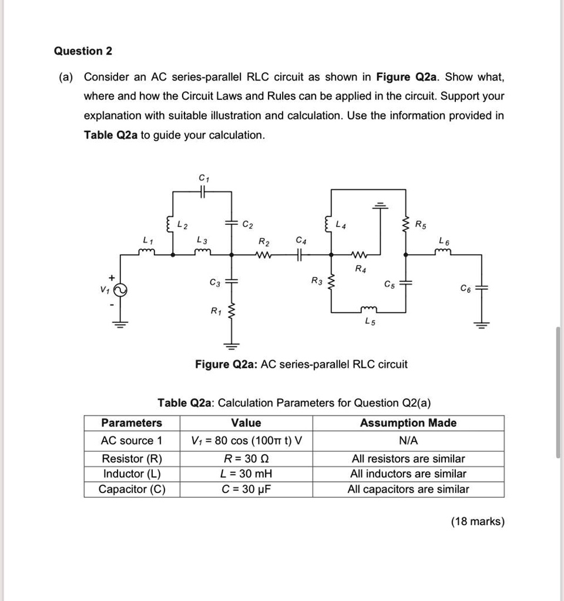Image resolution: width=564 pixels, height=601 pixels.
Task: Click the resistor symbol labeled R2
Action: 264,255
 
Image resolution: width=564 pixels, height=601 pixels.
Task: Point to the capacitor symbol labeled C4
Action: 300,255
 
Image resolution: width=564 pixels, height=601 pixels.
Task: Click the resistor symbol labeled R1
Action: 231,310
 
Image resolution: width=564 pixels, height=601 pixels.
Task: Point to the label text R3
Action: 317,281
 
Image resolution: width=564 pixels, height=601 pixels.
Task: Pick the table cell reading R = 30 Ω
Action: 246,458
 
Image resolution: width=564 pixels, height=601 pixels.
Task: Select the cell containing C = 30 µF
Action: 246,489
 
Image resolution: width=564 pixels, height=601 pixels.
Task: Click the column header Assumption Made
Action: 408,423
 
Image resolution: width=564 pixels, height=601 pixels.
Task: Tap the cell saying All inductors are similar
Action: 408,474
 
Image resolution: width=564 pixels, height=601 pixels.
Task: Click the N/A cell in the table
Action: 408,440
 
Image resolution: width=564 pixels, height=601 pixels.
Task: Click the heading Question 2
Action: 83,51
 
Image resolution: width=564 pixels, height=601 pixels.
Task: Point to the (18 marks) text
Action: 477,521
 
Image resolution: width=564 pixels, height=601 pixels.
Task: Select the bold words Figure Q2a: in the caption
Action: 226,364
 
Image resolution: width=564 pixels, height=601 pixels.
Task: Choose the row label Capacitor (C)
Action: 132,489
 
